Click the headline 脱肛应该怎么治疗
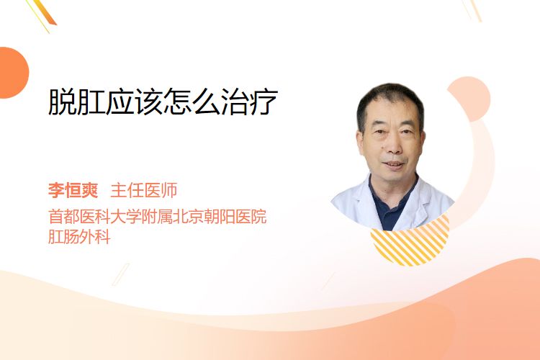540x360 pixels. coord(163,102)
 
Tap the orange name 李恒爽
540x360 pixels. coord(73,190)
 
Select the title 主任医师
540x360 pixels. coord(144,190)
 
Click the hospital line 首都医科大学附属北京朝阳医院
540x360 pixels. coord(158,217)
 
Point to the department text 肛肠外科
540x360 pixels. coord(79,237)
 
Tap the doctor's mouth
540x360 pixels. coord(393,165)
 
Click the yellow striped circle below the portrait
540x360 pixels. coord(410,245)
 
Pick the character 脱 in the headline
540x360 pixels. coord(63,102)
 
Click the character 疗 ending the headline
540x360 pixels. coord(264,102)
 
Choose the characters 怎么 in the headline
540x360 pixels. coord(192,102)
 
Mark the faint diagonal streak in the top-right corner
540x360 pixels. coord(472,9)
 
